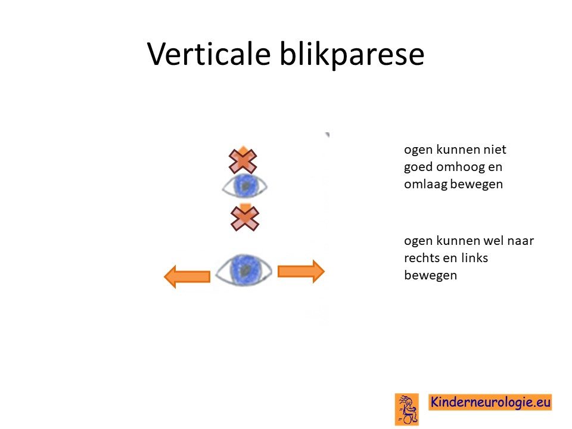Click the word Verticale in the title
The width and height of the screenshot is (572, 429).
[x=209, y=54]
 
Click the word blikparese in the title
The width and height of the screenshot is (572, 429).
[x=352, y=54]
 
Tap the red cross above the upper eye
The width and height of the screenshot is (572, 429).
[x=243, y=161]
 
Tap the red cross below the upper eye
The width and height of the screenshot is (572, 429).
[x=245, y=219]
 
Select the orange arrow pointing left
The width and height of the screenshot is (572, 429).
[x=187, y=276]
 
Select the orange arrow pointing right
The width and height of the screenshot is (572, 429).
[x=301, y=272]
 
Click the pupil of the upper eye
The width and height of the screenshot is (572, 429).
[x=246, y=186]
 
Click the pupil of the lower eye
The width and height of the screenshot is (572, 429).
[x=245, y=271]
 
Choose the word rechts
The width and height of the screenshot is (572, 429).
[x=421, y=258]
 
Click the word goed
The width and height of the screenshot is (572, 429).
[x=418, y=167]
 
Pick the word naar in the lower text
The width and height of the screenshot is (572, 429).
[x=521, y=241]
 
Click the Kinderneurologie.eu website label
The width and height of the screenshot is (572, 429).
[x=490, y=402]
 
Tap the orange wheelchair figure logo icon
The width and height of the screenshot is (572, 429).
[x=407, y=409]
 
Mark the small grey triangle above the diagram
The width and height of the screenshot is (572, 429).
[x=328, y=135]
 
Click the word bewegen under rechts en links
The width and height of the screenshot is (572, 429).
[x=430, y=275]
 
